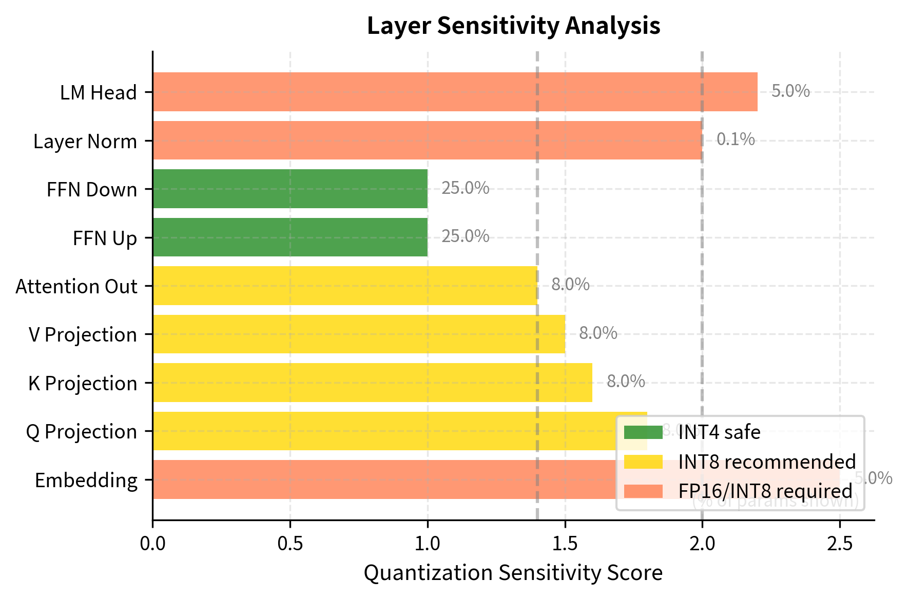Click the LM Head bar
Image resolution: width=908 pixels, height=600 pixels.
[x=455, y=92]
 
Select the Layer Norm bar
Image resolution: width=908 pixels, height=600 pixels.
[x=427, y=140]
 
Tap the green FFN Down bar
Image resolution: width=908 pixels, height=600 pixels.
[x=290, y=189]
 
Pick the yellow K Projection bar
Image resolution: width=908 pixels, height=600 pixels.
[x=372, y=383]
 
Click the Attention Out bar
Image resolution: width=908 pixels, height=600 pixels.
[x=345, y=286]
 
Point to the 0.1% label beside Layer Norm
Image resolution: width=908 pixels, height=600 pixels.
[x=736, y=139]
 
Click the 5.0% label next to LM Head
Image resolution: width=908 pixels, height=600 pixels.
[x=790, y=91]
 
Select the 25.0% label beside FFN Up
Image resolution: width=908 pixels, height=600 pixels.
[x=465, y=236]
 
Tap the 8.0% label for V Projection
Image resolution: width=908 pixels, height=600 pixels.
[x=598, y=333]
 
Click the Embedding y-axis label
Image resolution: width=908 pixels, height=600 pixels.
[x=86, y=481]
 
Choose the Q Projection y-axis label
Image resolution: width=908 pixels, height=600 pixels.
[x=82, y=432]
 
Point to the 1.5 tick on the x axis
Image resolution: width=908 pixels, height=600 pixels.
[x=565, y=543]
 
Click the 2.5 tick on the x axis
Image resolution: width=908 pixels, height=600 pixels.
[x=840, y=543]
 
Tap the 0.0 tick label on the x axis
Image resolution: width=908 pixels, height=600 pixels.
[x=152, y=543]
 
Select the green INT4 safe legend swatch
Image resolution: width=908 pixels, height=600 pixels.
[x=643, y=432]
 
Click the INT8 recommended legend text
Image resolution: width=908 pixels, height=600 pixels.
[x=767, y=462]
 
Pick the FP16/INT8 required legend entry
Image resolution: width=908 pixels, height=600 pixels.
[x=765, y=491]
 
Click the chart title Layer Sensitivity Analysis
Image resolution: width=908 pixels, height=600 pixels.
[x=513, y=26]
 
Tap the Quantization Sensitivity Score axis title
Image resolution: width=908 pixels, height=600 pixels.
[x=513, y=573]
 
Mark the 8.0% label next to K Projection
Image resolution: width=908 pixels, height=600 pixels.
[x=626, y=382]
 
